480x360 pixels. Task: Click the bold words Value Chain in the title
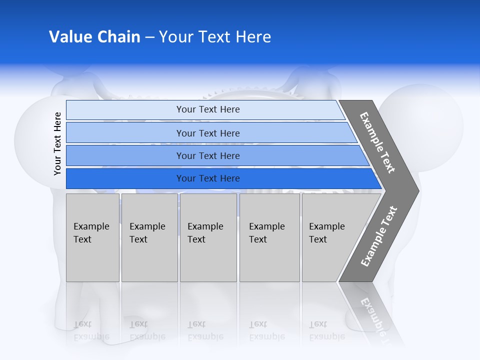[x=94, y=37]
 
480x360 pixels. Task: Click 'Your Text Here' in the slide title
[x=215, y=37]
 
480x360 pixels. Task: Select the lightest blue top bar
[x=125, y=110]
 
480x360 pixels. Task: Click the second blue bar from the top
[x=125, y=133]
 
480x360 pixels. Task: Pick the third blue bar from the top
[x=125, y=156]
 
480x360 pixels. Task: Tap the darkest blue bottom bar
[x=125, y=178]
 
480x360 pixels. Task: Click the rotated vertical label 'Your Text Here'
[x=57, y=144]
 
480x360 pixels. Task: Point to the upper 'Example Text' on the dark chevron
[x=377, y=142]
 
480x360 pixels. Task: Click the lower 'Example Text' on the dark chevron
[x=378, y=236]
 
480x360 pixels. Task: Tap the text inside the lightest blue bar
[x=208, y=109]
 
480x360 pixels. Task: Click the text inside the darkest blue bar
[x=208, y=178]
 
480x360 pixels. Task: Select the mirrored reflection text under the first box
[x=91, y=330]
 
